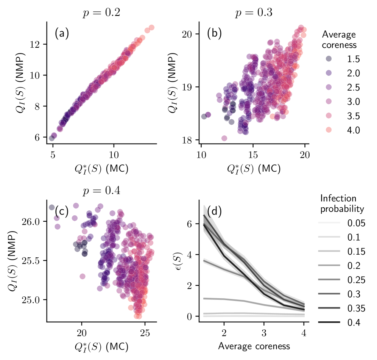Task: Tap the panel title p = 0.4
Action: [x=101, y=190]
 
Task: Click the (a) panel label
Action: [x=62, y=34]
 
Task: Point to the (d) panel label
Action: [x=214, y=211]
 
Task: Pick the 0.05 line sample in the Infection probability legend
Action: [x=329, y=223]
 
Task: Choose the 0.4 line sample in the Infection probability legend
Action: [x=329, y=323]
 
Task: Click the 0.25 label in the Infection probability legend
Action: [x=356, y=280]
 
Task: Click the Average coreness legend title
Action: [x=339, y=40]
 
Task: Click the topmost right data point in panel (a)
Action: [x=151, y=28]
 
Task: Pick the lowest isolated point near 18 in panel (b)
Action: [x=224, y=138]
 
